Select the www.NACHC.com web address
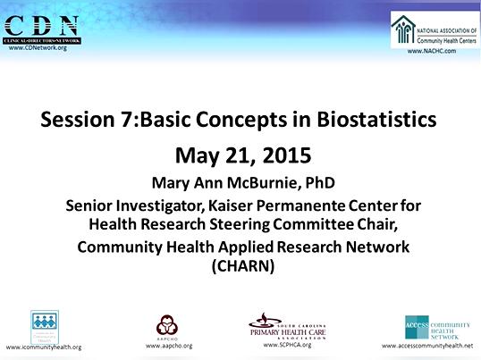432,53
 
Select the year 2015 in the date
277,154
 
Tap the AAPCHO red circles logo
167,323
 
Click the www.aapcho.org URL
167,345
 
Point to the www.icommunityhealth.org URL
44,347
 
